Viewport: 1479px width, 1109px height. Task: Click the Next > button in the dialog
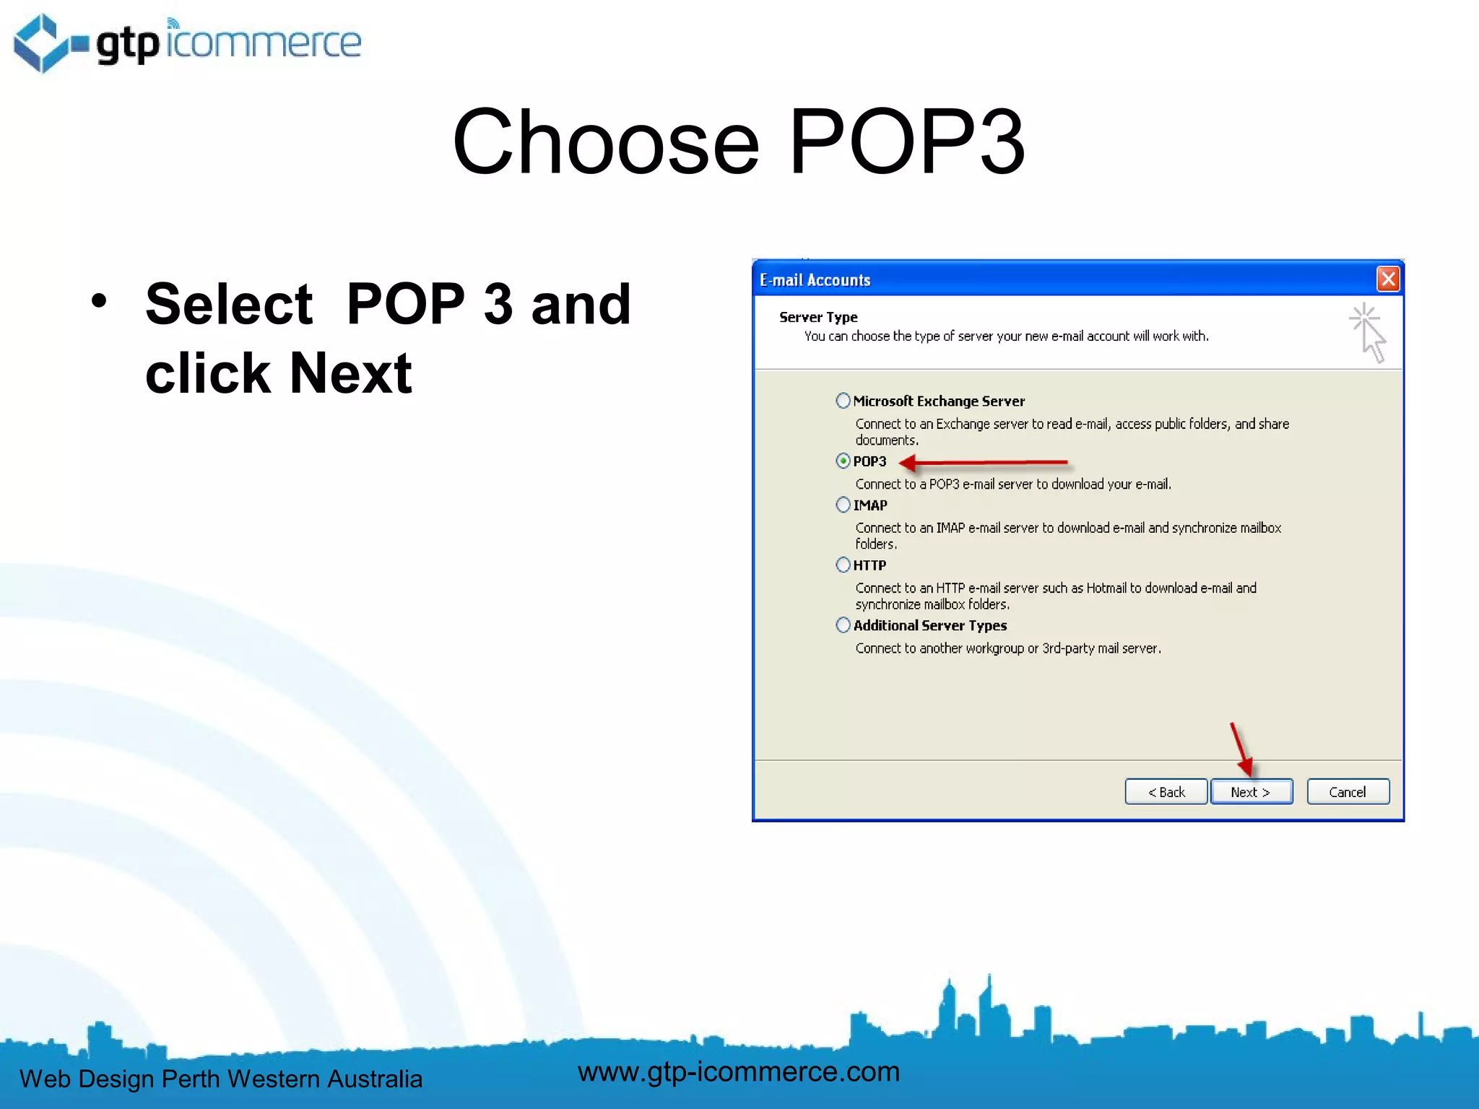(x=1251, y=792)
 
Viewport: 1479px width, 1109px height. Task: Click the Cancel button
(x=1348, y=792)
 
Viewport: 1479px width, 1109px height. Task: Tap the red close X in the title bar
(x=1387, y=279)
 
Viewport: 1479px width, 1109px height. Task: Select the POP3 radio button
(x=843, y=461)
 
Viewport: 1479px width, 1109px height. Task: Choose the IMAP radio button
(x=843, y=505)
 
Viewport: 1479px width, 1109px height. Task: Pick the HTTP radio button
(x=843, y=565)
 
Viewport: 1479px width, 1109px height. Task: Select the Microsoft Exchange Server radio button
(x=843, y=401)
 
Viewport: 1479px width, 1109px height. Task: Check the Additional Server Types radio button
(x=843, y=625)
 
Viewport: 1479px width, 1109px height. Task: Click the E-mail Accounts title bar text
(x=815, y=280)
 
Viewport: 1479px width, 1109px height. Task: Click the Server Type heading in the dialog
(x=818, y=317)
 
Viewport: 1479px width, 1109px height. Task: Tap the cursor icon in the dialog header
(x=1367, y=332)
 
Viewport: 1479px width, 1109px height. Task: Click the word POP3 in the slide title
(x=906, y=142)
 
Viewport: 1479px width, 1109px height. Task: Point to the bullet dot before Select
(x=99, y=301)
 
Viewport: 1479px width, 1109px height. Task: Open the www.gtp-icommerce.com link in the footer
(x=739, y=1071)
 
